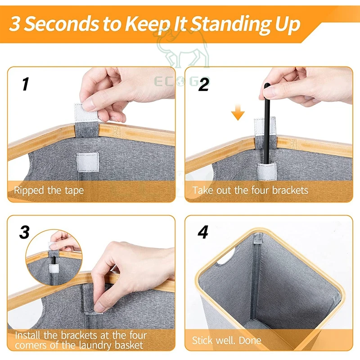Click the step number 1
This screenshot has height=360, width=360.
26,84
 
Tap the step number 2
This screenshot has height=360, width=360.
204,84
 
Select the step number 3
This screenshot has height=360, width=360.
24,232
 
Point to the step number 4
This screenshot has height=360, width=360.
203,232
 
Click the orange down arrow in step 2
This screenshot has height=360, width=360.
238,112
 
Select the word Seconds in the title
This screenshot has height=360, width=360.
61,23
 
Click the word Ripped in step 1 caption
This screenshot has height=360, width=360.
29,191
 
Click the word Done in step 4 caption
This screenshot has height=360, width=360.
250,340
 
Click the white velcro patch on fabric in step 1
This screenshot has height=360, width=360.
87,162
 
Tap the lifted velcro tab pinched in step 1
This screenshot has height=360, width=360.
85,113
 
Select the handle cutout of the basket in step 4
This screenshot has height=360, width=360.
225,258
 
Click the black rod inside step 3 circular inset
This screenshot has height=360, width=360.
54,260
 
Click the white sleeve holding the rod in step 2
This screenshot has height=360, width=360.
266,171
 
